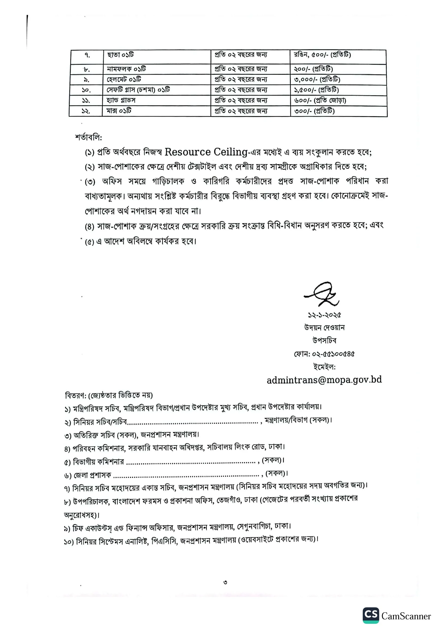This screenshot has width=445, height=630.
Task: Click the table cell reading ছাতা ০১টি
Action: (121, 55)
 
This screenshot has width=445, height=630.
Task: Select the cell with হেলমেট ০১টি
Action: (124, 79)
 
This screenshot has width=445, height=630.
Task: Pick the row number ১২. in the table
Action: (86, 111)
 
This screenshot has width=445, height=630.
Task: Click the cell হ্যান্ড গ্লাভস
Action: (121, 100)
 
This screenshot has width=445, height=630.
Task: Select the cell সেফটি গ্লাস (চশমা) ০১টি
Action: (138, 90)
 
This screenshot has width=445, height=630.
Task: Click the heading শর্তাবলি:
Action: (88, 137)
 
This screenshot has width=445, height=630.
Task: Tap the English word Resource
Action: (188, 152)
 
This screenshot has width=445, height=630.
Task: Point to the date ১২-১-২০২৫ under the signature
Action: (324, 315)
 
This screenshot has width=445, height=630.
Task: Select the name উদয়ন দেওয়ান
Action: (324, 328)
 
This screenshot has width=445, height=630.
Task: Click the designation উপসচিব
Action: (324, 341)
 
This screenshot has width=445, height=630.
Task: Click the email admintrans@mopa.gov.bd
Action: (324, 380)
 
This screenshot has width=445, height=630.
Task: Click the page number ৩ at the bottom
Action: (225, 582)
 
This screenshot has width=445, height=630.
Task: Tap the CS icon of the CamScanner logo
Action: (371, 615)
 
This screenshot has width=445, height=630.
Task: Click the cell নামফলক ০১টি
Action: (126, 69)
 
